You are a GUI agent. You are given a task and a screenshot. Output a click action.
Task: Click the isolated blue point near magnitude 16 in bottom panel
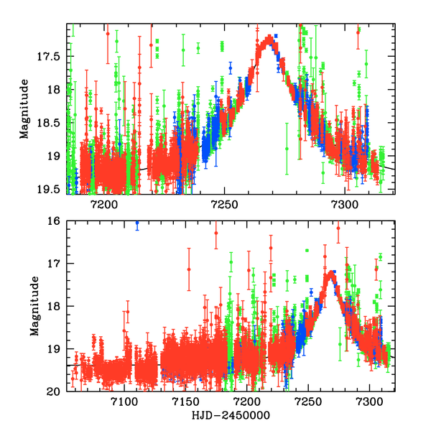137,224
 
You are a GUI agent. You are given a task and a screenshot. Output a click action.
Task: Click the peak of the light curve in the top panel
269,38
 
